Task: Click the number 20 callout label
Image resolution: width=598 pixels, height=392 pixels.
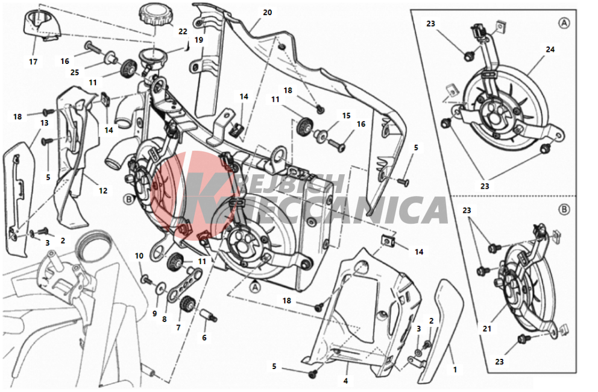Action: (267, 13)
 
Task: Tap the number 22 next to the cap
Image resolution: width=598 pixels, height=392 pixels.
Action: (183, 31)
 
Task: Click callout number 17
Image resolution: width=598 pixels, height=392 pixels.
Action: (33, 62)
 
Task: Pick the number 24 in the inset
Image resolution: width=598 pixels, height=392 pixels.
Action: (550, 49)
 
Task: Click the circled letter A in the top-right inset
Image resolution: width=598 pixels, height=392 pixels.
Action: (564, 24)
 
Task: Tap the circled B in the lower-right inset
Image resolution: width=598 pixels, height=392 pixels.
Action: (564, 209)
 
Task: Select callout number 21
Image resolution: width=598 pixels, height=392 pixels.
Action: (487, 328)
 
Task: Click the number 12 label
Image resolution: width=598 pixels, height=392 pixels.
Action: (103, 191)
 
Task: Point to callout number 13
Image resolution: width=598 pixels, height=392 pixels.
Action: (44, 123)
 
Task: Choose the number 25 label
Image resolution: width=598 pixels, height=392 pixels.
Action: (75, 72)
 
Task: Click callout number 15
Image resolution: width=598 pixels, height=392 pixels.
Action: (346, 116)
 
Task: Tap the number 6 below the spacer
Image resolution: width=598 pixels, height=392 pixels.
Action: (204, 338)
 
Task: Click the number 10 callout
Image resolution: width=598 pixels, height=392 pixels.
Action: (139, 256)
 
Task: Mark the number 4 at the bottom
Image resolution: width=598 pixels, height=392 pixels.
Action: (345, 381)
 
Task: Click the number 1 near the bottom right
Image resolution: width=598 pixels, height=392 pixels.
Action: (455, 369)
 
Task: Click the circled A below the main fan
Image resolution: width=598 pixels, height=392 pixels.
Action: (255, 286)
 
